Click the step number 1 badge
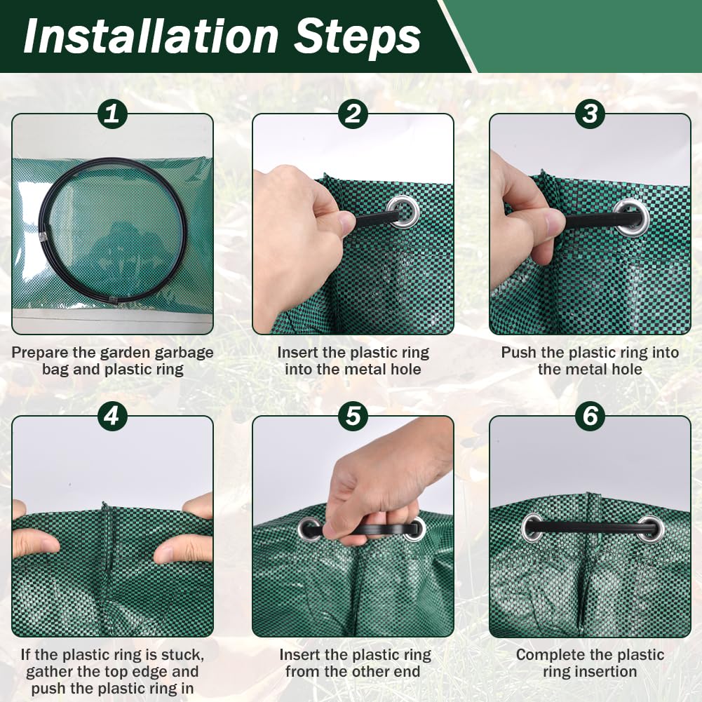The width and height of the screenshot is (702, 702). click(112, 114)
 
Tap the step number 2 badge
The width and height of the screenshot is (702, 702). click(353, 114)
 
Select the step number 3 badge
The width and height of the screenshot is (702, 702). click(590, 114)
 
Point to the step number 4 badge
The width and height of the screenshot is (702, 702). click(112, 416)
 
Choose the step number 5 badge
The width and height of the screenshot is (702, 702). click(353, 416)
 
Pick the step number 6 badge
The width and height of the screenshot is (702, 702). click(590, 416)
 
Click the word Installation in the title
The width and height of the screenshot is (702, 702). click(151, 36)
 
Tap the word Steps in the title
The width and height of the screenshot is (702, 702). click(357, 38)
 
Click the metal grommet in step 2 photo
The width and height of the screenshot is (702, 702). click(403, 212)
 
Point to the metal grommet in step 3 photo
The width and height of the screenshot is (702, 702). click(632, 217)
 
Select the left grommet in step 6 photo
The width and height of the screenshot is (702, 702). click(532, 528)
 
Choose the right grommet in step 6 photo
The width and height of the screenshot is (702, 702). click(651, 529)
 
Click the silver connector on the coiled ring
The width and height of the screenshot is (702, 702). click(44, 235)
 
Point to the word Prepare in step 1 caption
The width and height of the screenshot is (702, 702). click(40, 353)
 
